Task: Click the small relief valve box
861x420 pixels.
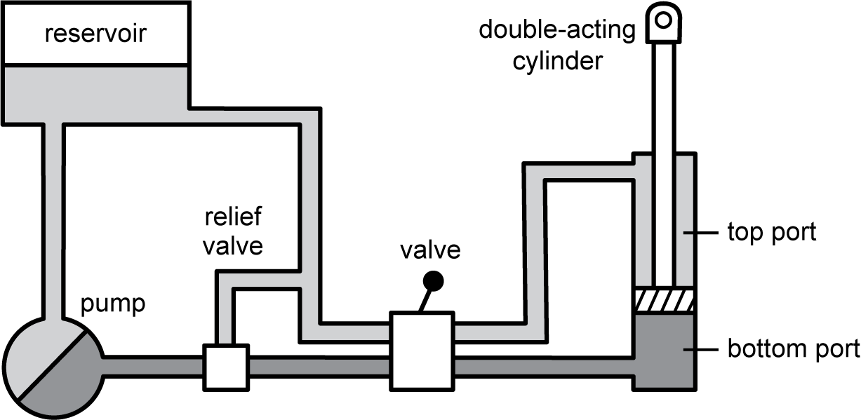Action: click(225, 367)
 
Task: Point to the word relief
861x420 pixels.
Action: click(232, 217)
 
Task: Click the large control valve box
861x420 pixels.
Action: click(421, 351)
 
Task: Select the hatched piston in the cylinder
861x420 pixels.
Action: click(665, 300)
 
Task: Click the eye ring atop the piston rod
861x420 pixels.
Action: click(662, 20)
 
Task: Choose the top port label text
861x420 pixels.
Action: click(772, 231)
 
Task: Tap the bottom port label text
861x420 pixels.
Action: click(793, 348)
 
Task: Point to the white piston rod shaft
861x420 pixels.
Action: click(663, 161)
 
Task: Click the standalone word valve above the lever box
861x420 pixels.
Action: click(431, 250)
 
